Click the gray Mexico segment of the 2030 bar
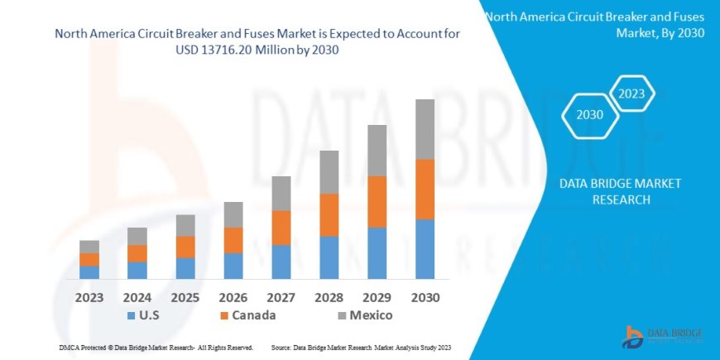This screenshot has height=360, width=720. pyautogui.click(x=425, y=129)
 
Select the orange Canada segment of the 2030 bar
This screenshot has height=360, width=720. pyautogui.click(x=425, y=189)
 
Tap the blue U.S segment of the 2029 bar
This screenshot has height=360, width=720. pyautogui.click(x=377, y=252)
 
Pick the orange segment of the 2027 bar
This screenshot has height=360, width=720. pyautogui.click(x=281, y=228)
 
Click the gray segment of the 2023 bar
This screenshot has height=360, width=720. pyautogui.click(x=89, y=247)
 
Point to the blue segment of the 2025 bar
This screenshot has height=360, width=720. pyautogui.click(x=185, y=268)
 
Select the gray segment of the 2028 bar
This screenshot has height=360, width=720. pyautogui.click(x=329, y=172)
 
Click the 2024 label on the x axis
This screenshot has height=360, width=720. pyautogui.click(x=137, y=296)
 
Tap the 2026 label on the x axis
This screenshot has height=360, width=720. pyautogui.click(x=233, y=296)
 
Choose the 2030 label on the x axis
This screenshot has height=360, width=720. pyautogui.click(x=425, y=296)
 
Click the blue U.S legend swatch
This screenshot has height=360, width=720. pyautogui.click(x=131, y=316)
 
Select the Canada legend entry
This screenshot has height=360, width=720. pyautogui.click(x=247, y=315)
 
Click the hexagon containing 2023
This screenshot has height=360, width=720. pyautogui.click(x=631, y=93)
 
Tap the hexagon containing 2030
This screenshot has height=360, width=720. pyautogui.click(x=589, y=116)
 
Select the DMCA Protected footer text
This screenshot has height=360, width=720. pyautogui.click(x=156, y=348)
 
